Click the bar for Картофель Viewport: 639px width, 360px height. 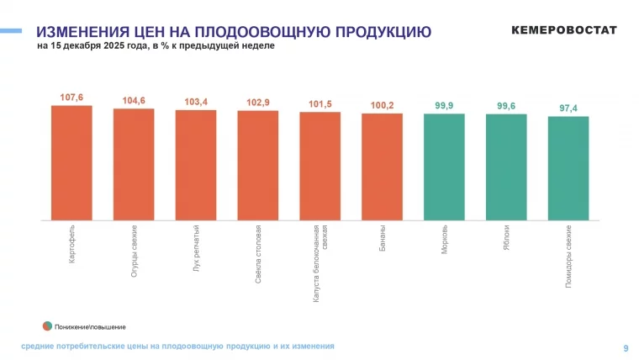(71, 162)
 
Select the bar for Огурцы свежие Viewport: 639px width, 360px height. (134, 164)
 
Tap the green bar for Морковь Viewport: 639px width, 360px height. (444, 167)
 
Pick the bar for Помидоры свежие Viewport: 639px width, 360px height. (568, 168)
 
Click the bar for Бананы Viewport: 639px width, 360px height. (382, 167)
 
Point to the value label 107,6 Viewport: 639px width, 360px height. (71, 98)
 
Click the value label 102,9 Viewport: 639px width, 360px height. (258, 103)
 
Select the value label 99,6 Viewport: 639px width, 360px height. (506, 106)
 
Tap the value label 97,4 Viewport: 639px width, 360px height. (568, 109)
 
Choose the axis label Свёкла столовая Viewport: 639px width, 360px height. (258, 253)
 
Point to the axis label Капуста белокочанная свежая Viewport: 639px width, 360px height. (320, 262)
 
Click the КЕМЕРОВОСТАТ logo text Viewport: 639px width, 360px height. (564, 30)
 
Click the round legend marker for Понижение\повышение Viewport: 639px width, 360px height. (48, 326)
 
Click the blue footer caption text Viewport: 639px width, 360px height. (177, 346)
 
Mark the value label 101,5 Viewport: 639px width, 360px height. (320, 104)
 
